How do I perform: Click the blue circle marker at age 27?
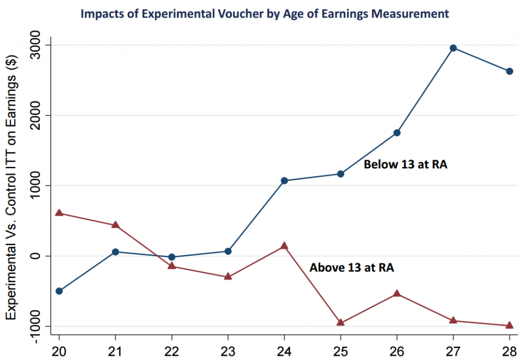tap(453, 48)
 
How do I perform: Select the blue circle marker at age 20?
tap(59, 291)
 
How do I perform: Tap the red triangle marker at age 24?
tap(284, 246)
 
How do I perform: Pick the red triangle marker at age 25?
tap(341, 323)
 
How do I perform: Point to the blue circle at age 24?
tap(284, 181)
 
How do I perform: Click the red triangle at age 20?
tap(59, 213)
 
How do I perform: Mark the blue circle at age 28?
tap(510, 71)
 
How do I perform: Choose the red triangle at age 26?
tap(397, 293)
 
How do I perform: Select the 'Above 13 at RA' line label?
tap(351, 267)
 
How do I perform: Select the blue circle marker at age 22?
tap(172, 257)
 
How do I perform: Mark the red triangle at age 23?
tap(228, 276)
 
